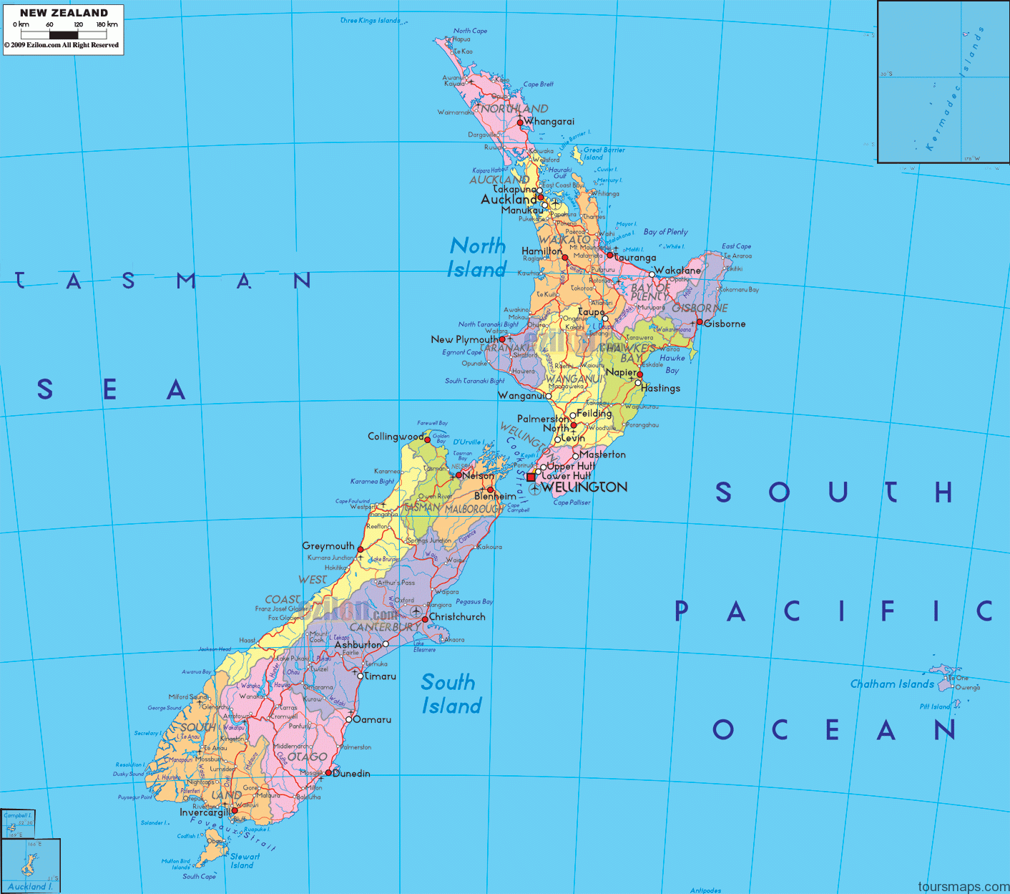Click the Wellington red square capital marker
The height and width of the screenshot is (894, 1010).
(x=530, y=477)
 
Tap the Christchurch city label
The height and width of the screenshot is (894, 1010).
(x=456, y=616)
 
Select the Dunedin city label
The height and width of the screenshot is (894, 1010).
(x=351, y=773)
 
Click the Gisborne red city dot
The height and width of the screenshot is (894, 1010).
(x=700, y=322)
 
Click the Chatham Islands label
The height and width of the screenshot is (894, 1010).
(x=892, y=684)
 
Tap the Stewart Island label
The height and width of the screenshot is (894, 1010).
(x=244, y=860)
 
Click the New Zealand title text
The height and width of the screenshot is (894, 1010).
(x=64, y=12)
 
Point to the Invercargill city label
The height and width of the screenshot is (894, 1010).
(x=205, y=812)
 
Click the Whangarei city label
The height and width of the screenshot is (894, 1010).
(x=549, y=122)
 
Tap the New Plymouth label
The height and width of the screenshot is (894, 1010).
(x=464, y=339)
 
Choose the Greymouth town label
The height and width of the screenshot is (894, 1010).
(x=328, y=545)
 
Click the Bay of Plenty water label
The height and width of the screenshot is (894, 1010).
(x=665, y=232)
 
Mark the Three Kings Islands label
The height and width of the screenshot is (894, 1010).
(x=370, y=20)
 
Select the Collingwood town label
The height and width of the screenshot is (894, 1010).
(x=396, y=436)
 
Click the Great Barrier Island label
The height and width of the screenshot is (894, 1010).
(x=603, y=153)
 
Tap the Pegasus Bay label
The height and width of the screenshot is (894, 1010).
(x=474, y=601)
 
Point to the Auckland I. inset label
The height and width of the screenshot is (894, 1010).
(x=30, y=886)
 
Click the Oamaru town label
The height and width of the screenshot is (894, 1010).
(x=372, y=719)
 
